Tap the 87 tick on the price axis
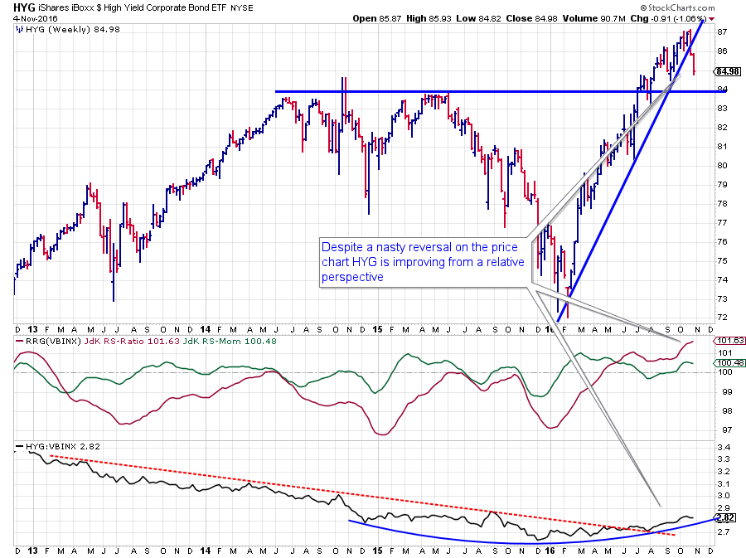[721, 32]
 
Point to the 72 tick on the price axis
[721, 318]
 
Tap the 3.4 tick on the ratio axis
[723, 447]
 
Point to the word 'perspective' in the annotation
[353, 278]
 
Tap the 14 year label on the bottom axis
[205, 551]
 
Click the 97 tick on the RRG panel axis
[721, 429]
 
